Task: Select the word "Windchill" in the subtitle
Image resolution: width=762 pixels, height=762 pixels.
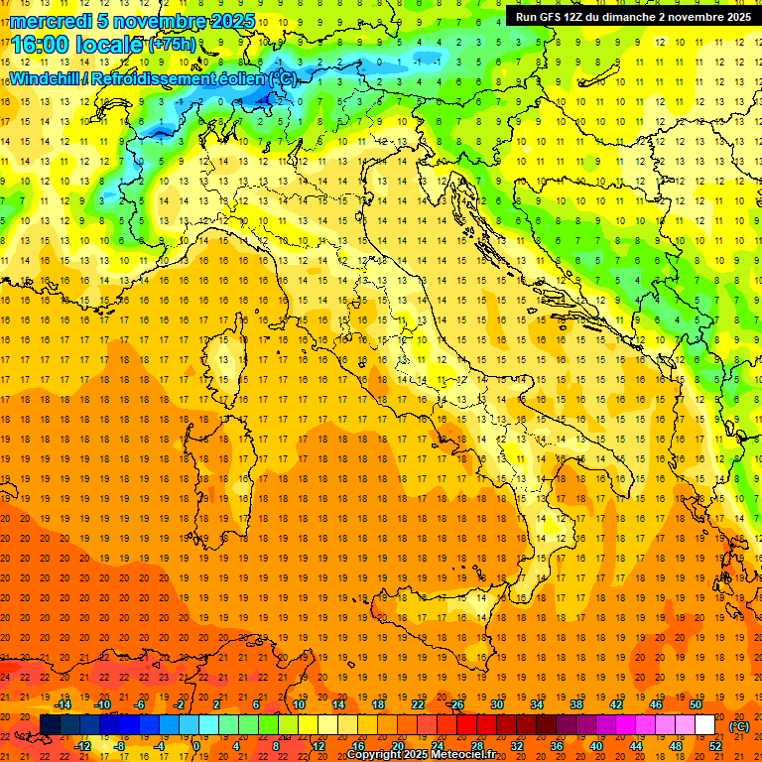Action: (x=45, y=78)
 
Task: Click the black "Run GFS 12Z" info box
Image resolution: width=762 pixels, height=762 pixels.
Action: (x=632, y=16)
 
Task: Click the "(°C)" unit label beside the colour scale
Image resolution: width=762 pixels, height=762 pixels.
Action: (x=739, y=726)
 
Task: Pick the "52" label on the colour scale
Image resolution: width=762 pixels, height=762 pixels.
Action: (x=715, y=746)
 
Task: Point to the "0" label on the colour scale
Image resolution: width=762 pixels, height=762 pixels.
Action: (x=196, y=746)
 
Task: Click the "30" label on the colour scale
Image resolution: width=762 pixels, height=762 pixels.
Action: (x=496, y=704)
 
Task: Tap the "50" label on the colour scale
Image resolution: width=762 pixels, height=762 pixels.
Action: (x=695, y=704)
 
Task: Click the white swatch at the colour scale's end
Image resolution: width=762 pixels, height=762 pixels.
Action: (x=705, y=725)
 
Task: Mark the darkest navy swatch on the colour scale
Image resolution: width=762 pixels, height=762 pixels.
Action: (x=50, y=725)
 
